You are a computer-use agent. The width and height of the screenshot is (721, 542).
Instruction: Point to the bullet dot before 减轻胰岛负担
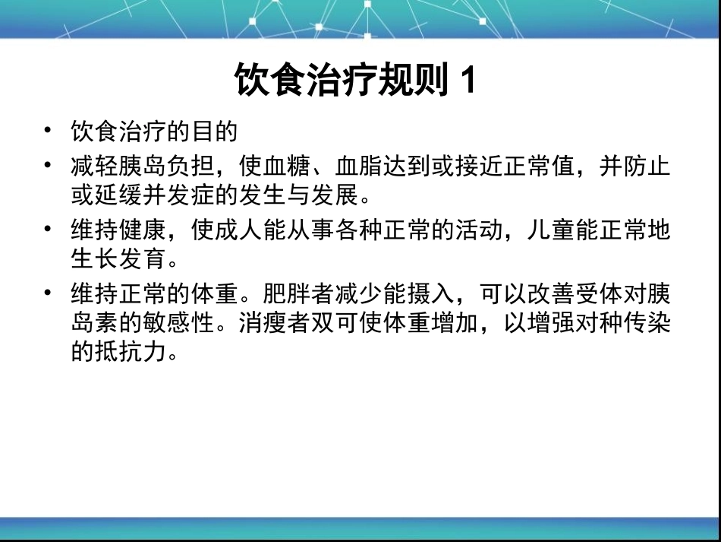point(49,165)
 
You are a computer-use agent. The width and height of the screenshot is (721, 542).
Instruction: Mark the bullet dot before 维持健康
point(49,229)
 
